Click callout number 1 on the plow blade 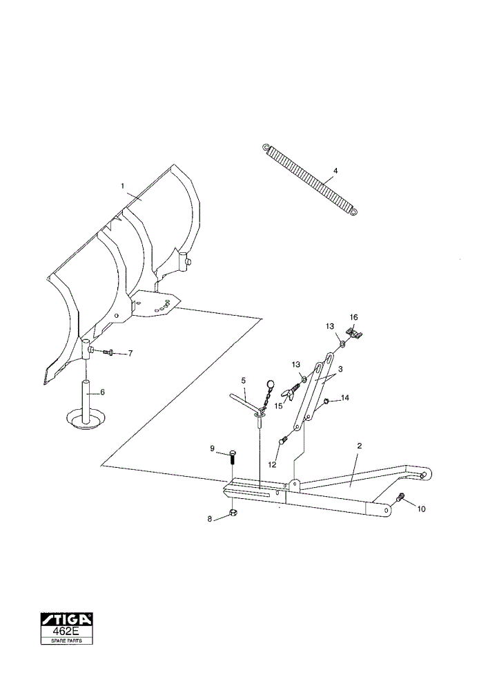(123, 186)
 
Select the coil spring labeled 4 (311, 180)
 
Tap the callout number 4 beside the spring (335, 170)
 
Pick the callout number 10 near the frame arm (421, 509)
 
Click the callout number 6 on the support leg (103, 392)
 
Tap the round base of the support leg (86, 419)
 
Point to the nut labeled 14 (327, 401)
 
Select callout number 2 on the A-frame (359, 446)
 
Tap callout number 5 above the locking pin (244, 380)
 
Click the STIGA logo (67, 620)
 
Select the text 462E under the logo (67, 632)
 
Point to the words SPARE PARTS (67, 641)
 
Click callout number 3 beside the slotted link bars (340, 368)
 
